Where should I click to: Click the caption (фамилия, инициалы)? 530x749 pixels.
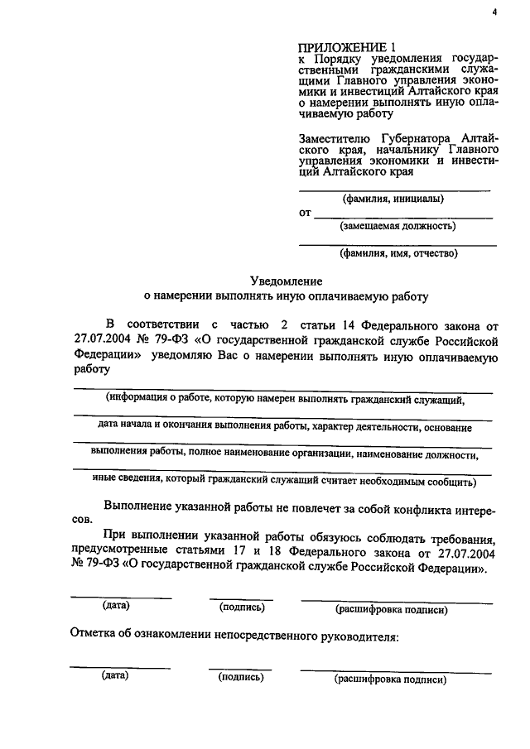(393, 199)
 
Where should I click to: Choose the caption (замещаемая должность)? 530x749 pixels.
(397, 225)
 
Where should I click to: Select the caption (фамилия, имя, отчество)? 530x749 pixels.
(397, 253)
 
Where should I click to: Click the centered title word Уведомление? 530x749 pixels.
(287, 281)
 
